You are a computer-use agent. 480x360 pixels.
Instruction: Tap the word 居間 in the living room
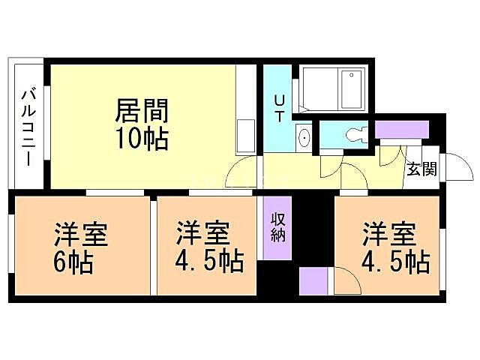141,111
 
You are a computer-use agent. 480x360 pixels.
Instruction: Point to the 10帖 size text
141,139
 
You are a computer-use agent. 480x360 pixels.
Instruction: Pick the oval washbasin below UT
304,137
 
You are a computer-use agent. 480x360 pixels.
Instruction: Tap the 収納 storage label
278,226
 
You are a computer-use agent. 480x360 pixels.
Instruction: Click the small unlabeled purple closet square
313,280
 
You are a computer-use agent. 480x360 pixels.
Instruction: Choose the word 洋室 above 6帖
81,235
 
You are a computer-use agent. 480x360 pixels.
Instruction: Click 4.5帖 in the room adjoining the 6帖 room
209,263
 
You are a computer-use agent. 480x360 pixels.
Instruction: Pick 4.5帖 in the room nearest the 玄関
395,262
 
